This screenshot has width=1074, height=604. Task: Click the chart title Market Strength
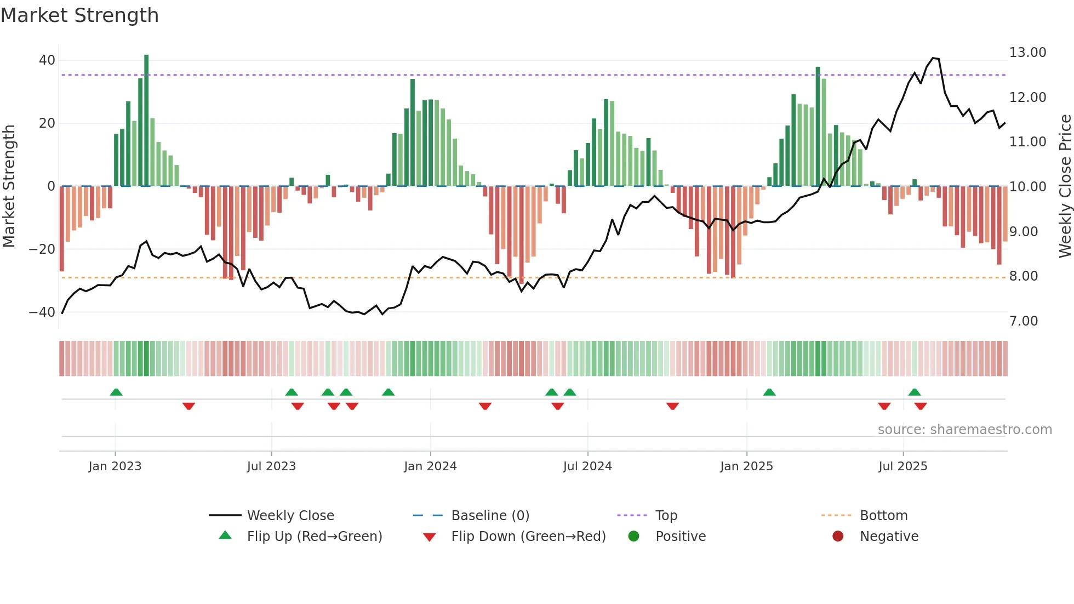79,15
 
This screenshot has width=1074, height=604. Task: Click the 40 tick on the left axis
47,60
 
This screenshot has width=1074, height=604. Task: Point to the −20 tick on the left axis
42,249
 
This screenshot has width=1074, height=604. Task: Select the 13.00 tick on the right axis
1027,53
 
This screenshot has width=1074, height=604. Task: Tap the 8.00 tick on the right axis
1024,276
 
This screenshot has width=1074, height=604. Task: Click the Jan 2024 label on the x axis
430,466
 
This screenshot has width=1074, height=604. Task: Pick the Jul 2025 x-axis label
902,466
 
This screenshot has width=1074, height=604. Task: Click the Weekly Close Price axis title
1065,186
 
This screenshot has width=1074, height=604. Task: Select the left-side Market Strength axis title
9,186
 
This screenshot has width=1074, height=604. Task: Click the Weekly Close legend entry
290,516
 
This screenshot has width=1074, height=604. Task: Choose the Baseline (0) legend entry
490,516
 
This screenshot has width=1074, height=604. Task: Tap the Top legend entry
666,516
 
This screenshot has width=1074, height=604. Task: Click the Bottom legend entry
883,516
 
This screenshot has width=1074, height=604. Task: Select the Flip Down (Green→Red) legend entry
528,537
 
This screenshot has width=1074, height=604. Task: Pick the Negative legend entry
888,537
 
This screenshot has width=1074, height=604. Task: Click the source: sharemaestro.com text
964,430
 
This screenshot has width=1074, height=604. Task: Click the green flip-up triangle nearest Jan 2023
116,392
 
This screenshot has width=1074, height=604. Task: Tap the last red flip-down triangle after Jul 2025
921,406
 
